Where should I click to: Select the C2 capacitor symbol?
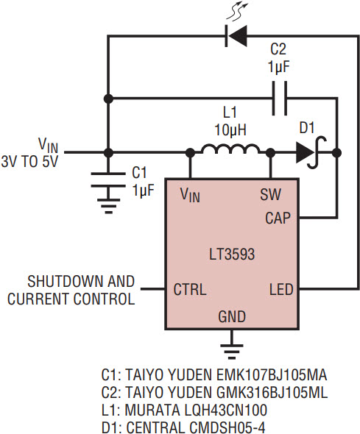(x=280, y=98)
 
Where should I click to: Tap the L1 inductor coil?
(x=230, y=149)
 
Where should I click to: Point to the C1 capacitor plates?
(x=108, y=180)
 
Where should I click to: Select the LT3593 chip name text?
(x=232, y=254)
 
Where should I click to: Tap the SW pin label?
(x=270, y=195)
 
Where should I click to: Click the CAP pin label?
(x=278, y=218)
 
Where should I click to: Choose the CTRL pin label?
(x=190, y=290)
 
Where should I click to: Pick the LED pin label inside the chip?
(x=281, y=290)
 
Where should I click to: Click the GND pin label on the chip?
(x=232, y=317)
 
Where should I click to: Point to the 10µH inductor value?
(x=230, y=129)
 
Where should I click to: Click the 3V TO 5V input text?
(x=29, y=161)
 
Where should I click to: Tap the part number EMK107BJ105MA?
(x=272, y=375)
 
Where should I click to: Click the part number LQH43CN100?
(x=196, y=410)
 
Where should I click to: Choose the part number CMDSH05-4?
(x=196, y=427)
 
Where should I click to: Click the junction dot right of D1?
(x=336, y=152)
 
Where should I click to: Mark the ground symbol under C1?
(x=109, y=206)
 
